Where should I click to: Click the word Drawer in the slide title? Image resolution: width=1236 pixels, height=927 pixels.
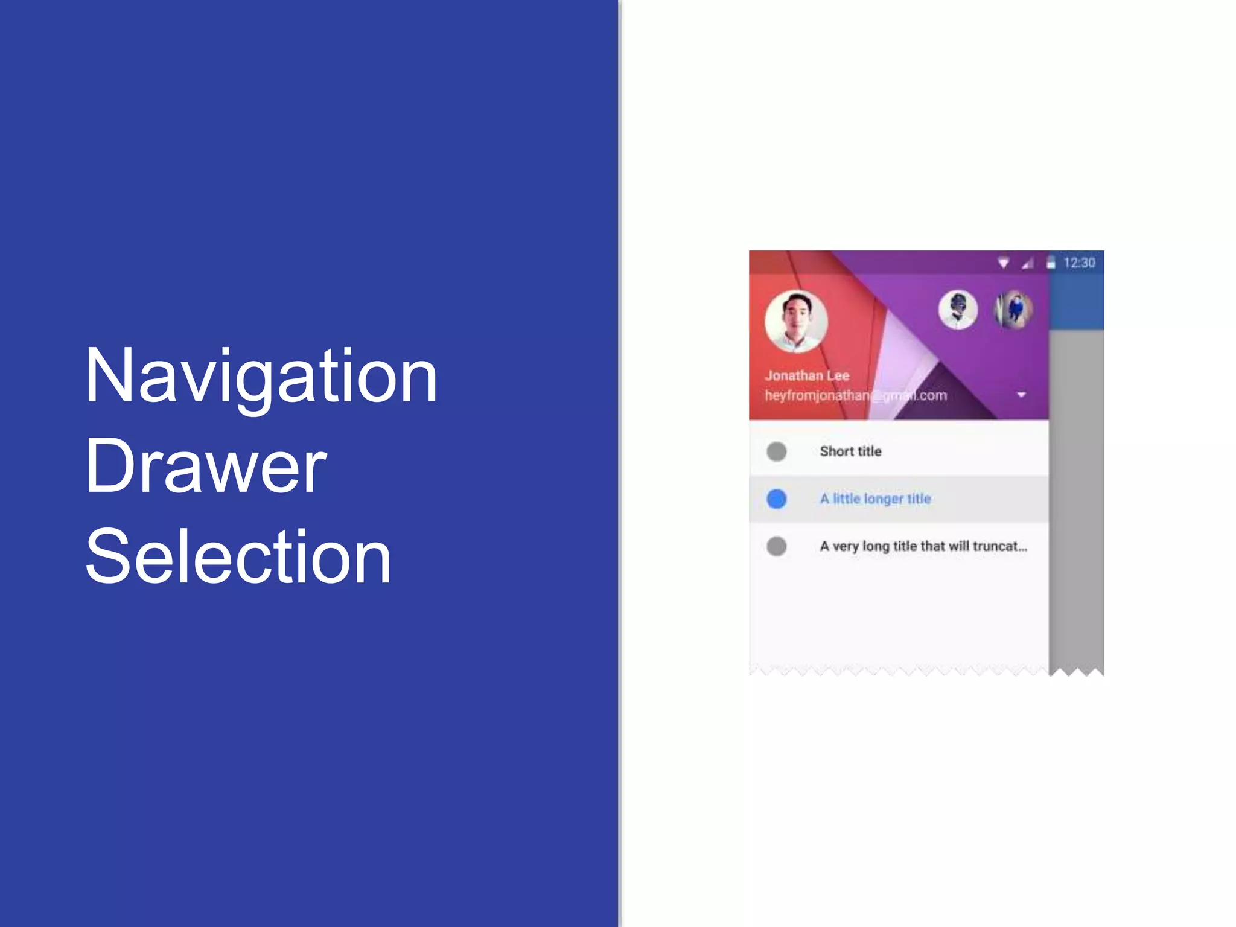[x=206, y=466]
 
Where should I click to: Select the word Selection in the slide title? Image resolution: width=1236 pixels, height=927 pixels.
[x=238, y=556]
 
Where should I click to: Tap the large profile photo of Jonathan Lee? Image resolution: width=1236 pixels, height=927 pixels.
[x=796, y=321]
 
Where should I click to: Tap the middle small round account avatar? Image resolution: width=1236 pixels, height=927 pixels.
[x=958, y=310]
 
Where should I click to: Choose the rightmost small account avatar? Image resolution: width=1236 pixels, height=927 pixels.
[x=1013, y=310]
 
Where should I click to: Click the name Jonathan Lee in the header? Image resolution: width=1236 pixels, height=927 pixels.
[x=807, y=375]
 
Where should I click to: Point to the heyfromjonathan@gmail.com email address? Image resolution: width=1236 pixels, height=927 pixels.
[x=855, y=395]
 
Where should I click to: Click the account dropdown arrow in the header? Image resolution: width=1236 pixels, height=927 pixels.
[x=1021, y=395]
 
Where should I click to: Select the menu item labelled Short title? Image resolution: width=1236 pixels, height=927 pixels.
[x=850, y=451]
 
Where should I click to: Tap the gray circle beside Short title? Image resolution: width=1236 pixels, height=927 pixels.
[x=776, y=451]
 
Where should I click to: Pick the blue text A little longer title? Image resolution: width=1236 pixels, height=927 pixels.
[x=875, y=499]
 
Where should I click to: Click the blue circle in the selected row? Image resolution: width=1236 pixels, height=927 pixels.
[x=776, y=499]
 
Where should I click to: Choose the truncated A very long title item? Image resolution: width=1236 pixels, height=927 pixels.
[x=923, y=546]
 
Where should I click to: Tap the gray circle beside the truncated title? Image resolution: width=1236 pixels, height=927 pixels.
[x=776, y=546]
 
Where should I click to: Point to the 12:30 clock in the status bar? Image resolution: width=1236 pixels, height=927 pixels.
[x=1079, y=263]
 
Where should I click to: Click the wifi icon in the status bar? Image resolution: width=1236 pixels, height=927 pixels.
[x=1003, y=263]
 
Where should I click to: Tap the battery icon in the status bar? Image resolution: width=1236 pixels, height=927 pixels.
[x=1051, y=263]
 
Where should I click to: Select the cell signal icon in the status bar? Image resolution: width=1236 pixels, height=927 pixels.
[x=1027, y=263]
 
